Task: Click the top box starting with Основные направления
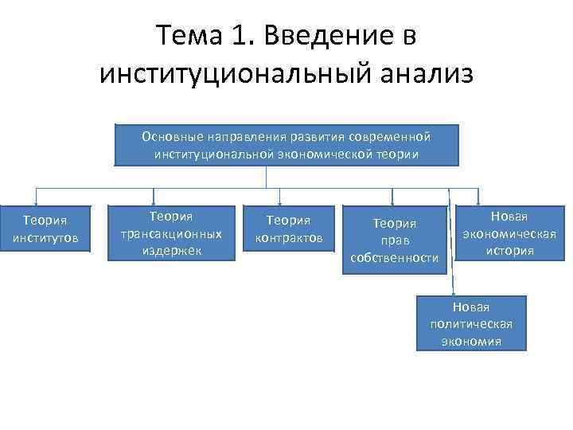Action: [x=286, y=145]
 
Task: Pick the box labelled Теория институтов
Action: [x=45, y=229]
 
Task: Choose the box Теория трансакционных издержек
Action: [x=171, y=233]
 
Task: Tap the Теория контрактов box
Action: [x=289, y=229]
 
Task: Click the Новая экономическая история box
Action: [x=509, y=233]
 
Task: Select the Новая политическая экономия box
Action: [x=471, y=324]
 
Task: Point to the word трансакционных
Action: [x=171, y=233]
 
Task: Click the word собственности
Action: [x=395, y=258]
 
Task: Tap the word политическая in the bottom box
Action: [x=471, y=324]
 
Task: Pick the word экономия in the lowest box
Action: [x=471, y=341]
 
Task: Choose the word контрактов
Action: [x=289, y=237]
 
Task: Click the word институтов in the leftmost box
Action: [x=45, y=237]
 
